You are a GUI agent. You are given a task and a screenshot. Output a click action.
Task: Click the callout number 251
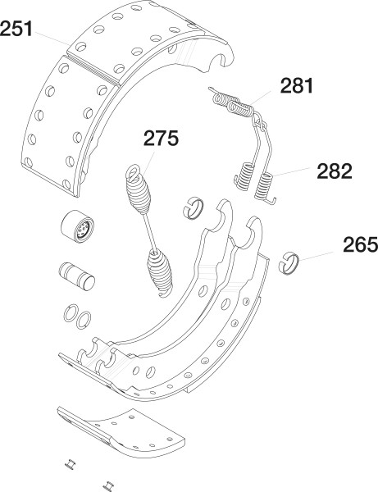(16, 29)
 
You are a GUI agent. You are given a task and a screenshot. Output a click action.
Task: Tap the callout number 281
(297, 85)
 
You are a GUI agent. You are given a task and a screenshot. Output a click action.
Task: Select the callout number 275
(161, 138)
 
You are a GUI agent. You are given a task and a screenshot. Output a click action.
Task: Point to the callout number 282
(335, 171)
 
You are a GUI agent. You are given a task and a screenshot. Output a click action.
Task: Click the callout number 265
(361, 244)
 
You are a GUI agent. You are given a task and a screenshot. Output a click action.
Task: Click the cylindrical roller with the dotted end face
(77, 226)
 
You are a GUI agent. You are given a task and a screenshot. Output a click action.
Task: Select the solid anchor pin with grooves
(77, 276)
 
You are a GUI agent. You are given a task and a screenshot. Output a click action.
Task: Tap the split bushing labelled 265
(289, 263)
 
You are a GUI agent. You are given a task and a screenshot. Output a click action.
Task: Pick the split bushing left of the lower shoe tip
(193, 207)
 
